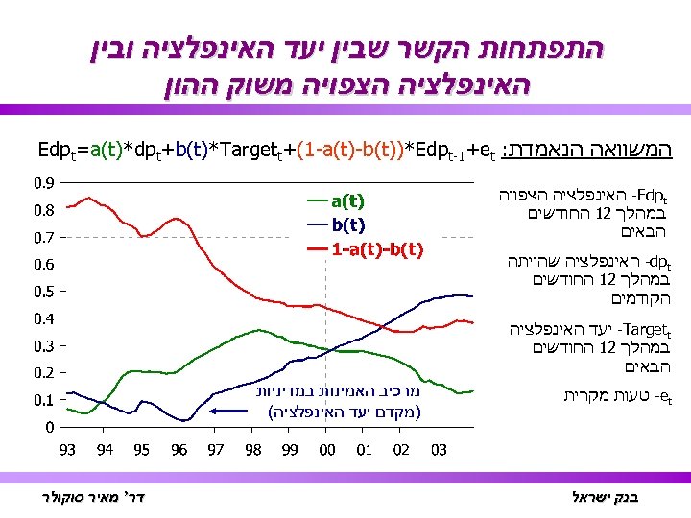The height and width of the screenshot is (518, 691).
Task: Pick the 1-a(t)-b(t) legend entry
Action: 377,249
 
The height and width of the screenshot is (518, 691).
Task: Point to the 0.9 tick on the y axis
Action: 44,182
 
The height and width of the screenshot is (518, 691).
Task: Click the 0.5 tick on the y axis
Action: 44,291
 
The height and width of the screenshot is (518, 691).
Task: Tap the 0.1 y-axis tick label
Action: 44,399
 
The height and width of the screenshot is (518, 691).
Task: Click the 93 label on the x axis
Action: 68,449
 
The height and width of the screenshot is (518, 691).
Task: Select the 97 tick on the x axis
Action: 216,449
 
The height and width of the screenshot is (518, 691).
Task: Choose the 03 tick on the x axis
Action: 438,449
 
